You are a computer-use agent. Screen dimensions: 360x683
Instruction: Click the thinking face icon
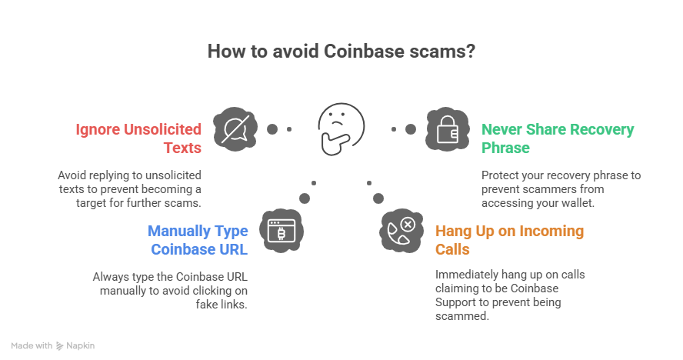point(341,127)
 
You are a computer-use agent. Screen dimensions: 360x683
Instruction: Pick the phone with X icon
point(401,229)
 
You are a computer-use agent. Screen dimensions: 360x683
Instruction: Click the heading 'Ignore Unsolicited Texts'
point(138,138)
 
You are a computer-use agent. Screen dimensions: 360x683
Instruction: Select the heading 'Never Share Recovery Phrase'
point(558,138)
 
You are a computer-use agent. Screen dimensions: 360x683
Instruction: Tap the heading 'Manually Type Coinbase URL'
point(198,239)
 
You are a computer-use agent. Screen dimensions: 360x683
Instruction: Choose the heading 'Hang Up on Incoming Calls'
point(509,239)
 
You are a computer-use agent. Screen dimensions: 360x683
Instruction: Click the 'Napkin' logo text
point(80,346)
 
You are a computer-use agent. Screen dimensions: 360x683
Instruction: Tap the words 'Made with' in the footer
point(32,346)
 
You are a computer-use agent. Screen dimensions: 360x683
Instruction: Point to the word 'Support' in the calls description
point(455,302)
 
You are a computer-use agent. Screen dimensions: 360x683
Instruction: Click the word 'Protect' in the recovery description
point(498,175)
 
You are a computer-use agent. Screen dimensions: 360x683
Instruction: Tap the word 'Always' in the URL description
point(108,276)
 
